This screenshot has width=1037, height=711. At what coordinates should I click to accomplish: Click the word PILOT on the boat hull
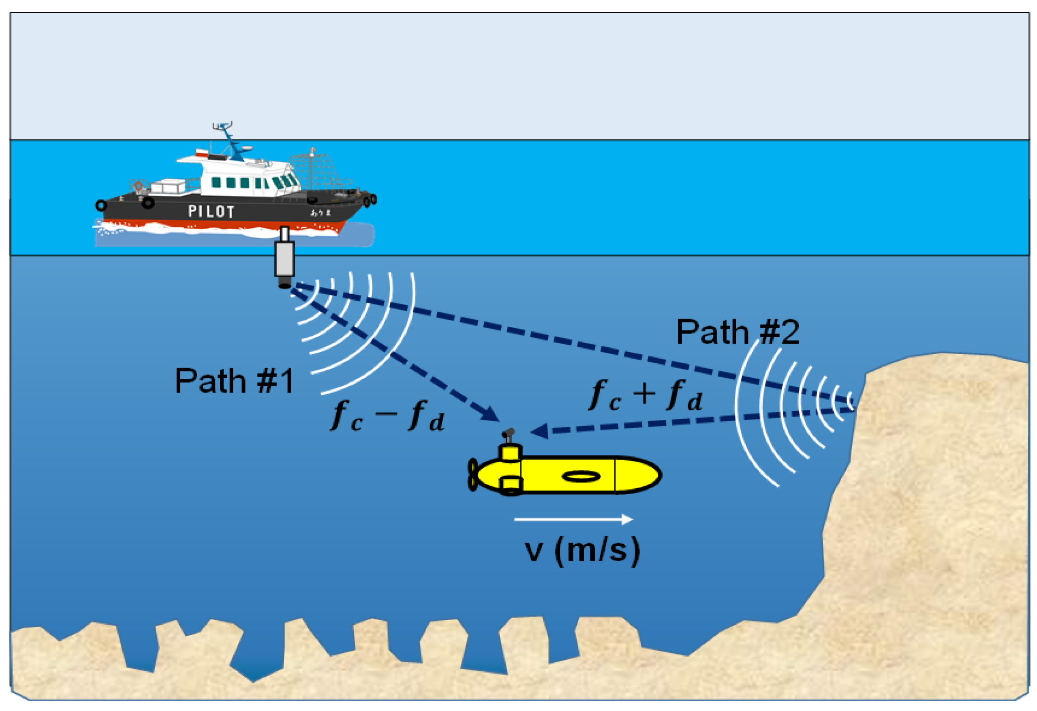coord(211,211)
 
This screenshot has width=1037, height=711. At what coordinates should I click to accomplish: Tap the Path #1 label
coord(234,381)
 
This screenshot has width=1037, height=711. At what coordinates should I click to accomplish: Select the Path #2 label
coord(738,332)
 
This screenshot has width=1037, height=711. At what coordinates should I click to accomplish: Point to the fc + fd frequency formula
coord(645,395)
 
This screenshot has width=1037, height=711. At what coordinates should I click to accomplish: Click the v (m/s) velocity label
coord(582,550)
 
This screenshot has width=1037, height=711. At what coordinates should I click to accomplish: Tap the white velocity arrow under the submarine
coord(573,519)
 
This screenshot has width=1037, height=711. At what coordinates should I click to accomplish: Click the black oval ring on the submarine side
coord(581,476)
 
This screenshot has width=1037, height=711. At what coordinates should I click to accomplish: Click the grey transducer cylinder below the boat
coord(284,259)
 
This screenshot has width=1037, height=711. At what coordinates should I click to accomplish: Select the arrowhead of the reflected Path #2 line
coord(540,431)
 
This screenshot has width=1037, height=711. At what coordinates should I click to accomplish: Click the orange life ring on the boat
coord(138,186)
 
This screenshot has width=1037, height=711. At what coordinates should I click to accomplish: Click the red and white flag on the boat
coord(201,153)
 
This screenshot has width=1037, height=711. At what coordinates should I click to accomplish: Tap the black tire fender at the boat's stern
coord(101,205)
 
